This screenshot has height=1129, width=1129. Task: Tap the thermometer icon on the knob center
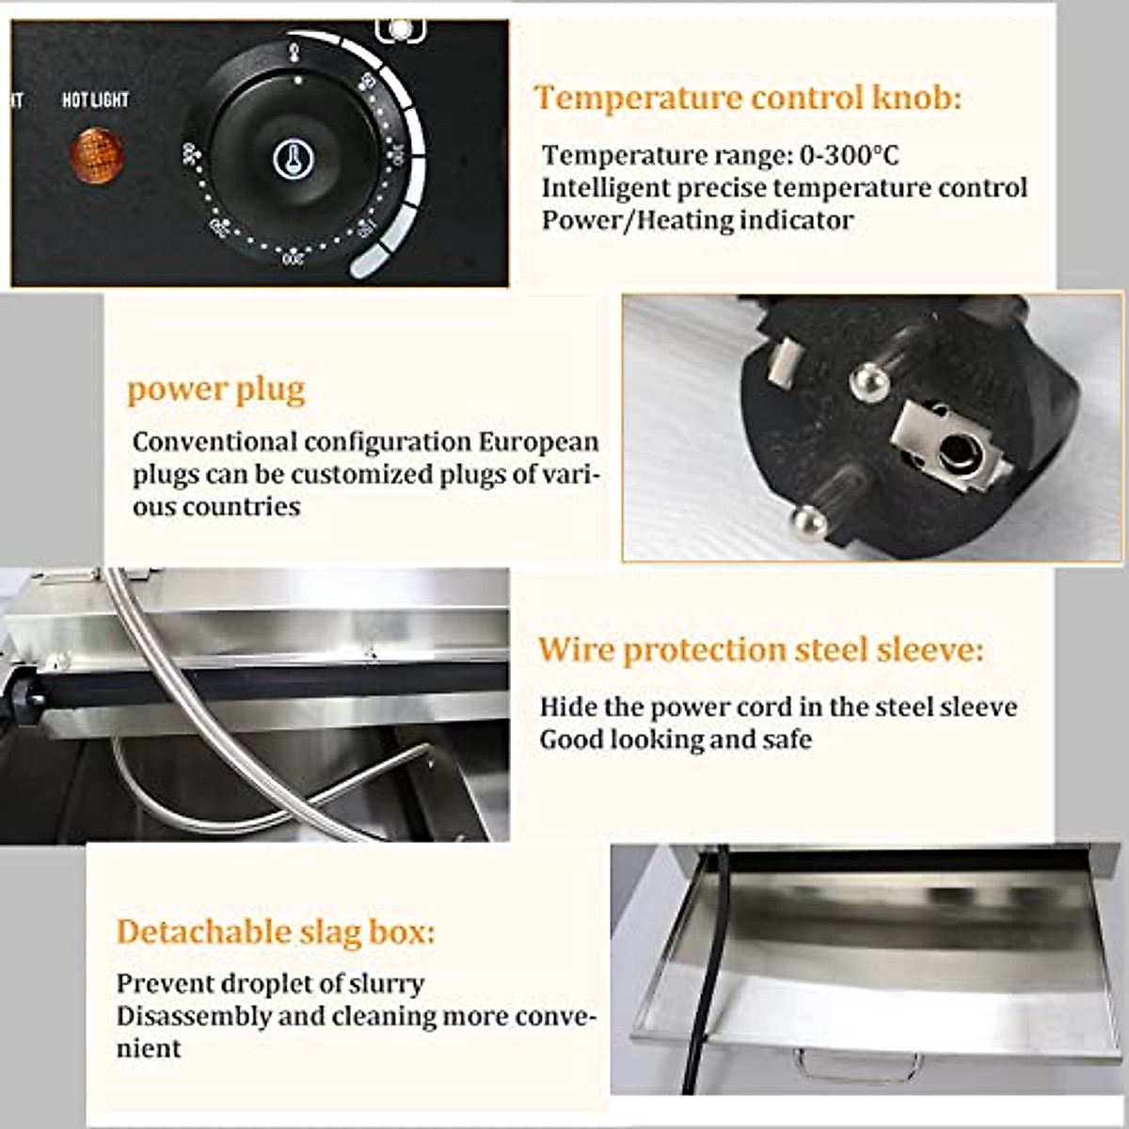(x=293, y=160)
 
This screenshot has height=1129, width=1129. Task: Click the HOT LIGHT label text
(x=95, y=100)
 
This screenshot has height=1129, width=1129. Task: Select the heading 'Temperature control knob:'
(x=748, y=98)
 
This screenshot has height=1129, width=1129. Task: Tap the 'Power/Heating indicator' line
(x=697, y=220)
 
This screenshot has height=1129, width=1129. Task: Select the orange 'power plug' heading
(x=216, y=390)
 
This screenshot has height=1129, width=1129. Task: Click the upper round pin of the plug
(x=869, y=378)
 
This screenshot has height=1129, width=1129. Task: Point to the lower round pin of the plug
(x=808, y=519)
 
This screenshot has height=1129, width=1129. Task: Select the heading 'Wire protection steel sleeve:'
(x=760, y=650)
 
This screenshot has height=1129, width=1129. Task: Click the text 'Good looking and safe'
(x=675, y=739)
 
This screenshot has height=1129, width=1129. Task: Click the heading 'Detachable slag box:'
(x=276, y=932)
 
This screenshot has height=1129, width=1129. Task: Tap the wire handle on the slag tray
(x=857, y=1065)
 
